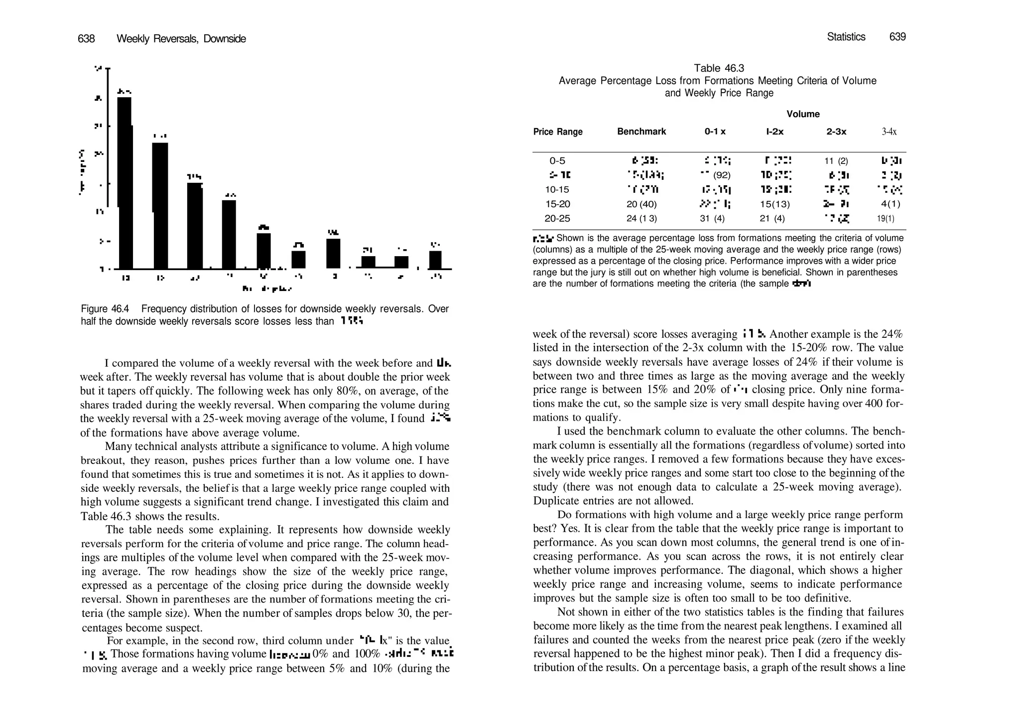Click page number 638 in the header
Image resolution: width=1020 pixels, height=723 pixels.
click(x=86, y=39)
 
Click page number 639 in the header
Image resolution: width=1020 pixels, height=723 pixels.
click(x=897, y=37)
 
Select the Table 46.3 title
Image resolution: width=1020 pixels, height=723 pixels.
click(x=719, y=68)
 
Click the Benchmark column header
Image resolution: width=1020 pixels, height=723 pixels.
click(x=641, y=132)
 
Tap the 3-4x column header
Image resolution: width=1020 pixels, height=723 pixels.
click(x=889, y=132)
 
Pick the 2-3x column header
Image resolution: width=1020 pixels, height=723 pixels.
click(x=836, y=132)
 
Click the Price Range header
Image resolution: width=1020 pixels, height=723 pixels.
click(x=557, y=132)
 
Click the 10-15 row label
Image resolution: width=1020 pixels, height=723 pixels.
click(x=557, y=190)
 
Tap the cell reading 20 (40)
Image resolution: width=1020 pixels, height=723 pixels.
click(x=641, y=204)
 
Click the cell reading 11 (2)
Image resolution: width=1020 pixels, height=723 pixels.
click(x=836, y=161)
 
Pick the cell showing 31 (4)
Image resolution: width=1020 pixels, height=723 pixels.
click(x=712, y=219)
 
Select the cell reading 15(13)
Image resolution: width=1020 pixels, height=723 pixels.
click(x=774, y=204)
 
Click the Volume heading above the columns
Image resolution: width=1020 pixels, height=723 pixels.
click(x=803, y=114)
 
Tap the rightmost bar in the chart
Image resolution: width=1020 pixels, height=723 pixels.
click(x=435, y=260)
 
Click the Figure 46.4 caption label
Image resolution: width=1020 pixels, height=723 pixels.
click(x=105, y=309)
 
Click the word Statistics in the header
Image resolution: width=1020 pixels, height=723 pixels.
click(x=846, y=37)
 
